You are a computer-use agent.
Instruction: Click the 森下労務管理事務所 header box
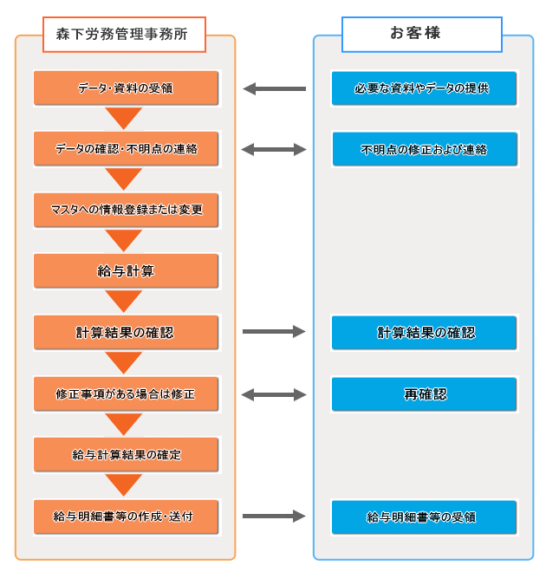125,35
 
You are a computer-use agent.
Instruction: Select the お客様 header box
422,35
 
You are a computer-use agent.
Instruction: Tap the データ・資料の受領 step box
127,88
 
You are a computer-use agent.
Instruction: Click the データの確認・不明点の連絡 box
127,149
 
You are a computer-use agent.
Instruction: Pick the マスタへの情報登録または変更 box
127,210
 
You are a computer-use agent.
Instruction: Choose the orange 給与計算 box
127,271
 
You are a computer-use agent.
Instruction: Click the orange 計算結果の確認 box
127,332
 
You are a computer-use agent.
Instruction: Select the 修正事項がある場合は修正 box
127,394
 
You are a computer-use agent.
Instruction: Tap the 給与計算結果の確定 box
127,454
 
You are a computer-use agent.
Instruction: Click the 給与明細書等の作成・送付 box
127,517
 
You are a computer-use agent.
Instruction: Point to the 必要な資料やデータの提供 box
424,88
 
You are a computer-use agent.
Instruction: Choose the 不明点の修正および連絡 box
425,149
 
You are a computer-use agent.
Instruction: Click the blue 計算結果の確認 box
424,333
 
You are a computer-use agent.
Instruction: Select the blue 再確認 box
424,394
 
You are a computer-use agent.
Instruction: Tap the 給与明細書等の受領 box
424,517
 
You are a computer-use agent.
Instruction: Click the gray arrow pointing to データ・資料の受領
274,88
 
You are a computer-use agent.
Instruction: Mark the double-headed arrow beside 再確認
274,394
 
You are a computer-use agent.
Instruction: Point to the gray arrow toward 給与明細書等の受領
274,516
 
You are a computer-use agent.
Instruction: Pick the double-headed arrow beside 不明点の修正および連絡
274,150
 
